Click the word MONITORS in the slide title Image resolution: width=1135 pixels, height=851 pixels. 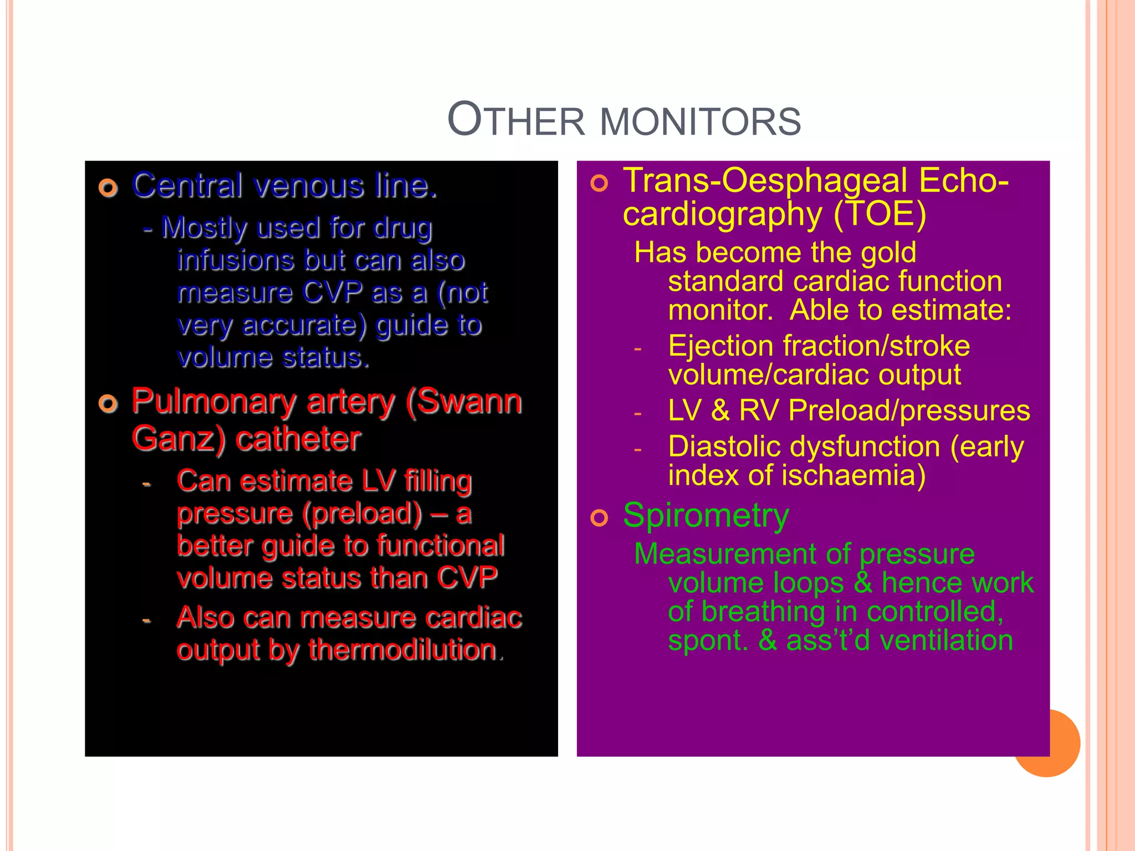tap(701, 122)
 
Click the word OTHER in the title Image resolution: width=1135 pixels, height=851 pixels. tap(516, 120)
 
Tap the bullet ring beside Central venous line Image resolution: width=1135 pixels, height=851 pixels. tap(109, 188)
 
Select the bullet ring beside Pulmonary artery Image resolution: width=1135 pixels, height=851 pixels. tap(109, 403)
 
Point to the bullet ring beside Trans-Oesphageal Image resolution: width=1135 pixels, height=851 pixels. tap(599, 183)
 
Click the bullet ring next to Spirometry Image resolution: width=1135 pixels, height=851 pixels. tap(599, 518)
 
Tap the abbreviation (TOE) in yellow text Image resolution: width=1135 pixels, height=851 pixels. tap(880, 215)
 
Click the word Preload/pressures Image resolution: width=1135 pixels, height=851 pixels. tap(909, 411)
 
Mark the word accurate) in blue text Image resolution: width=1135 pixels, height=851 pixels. tap(304, 325)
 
